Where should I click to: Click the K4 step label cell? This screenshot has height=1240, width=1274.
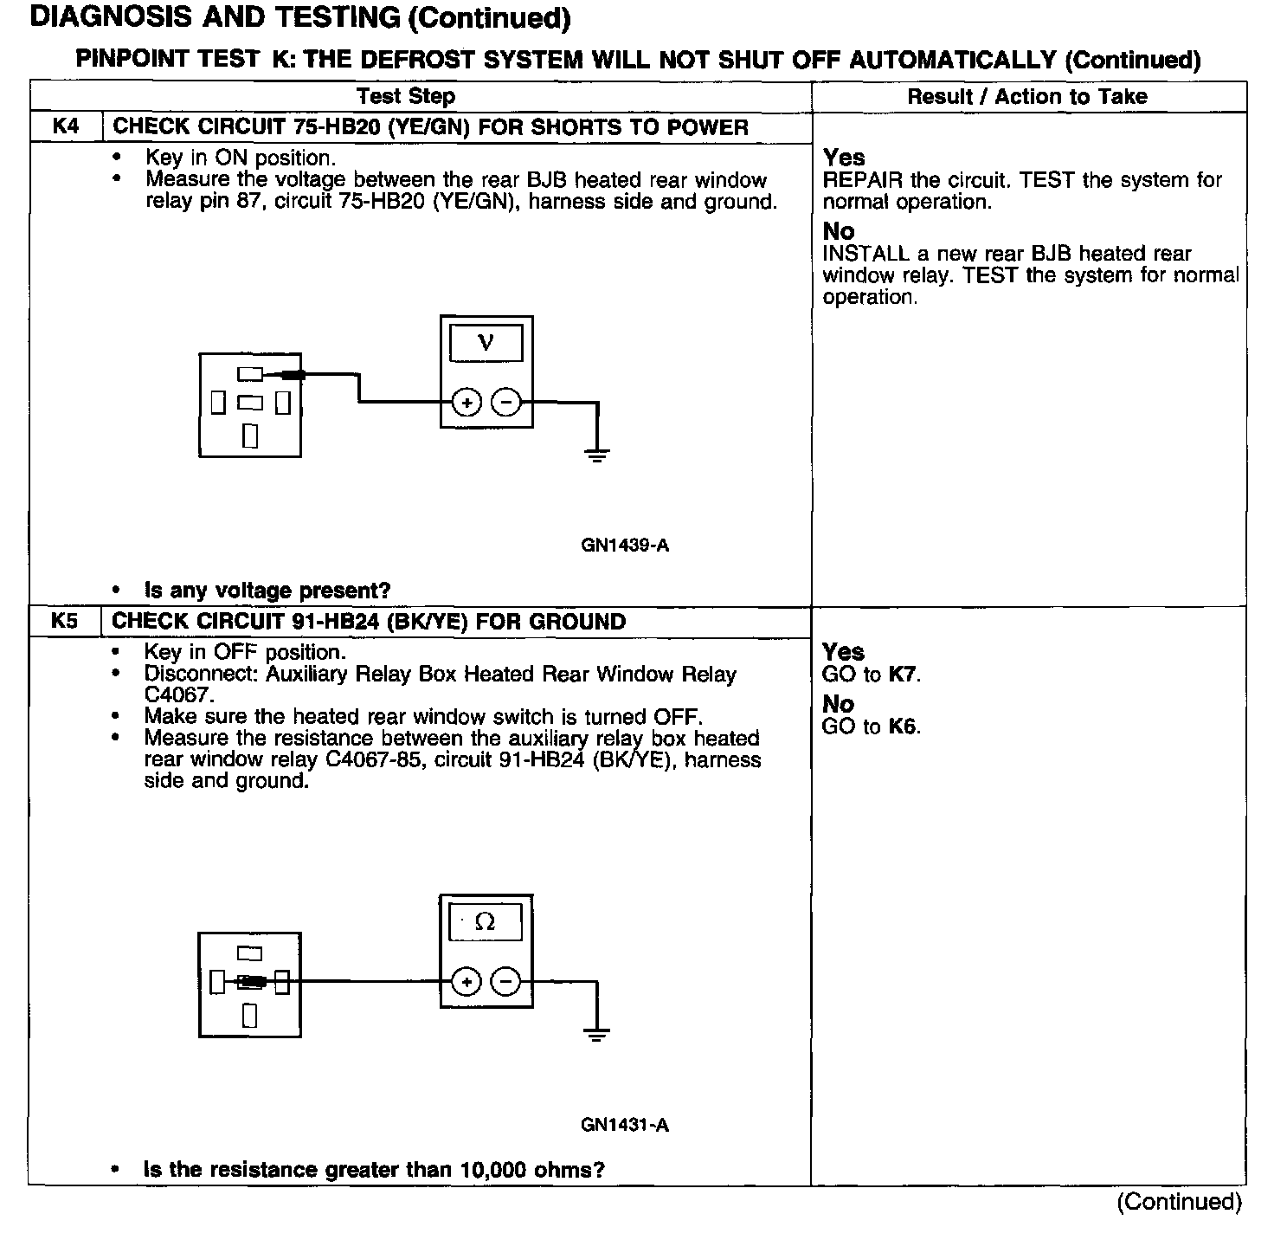point(66,127)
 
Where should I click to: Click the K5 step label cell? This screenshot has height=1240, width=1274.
point(65,622)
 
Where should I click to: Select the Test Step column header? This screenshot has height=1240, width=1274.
point(406,96)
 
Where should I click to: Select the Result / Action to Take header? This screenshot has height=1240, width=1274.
point(1027,96)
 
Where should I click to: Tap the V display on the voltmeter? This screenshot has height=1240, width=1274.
point(486,343)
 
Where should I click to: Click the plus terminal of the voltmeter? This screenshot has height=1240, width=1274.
point(466,403)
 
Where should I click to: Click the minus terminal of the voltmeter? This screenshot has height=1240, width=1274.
point(506,403)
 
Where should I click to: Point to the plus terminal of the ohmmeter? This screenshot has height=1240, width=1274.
point(466,982)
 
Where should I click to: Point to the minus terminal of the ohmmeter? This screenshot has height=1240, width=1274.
point(506,982)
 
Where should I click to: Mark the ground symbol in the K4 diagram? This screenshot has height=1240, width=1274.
point(597,455)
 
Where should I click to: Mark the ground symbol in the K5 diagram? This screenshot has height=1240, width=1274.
point(596,1034)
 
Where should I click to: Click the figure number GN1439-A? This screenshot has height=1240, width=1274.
point(625,546)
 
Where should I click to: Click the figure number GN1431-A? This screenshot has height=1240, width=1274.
point(625,1125)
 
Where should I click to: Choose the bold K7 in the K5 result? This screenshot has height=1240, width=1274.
point(902,675)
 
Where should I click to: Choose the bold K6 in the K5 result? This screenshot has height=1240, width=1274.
point(902,727)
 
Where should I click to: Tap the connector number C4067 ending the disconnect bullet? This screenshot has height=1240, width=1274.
point(178,695)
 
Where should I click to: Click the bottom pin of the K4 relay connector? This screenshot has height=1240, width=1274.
point(250,436)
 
